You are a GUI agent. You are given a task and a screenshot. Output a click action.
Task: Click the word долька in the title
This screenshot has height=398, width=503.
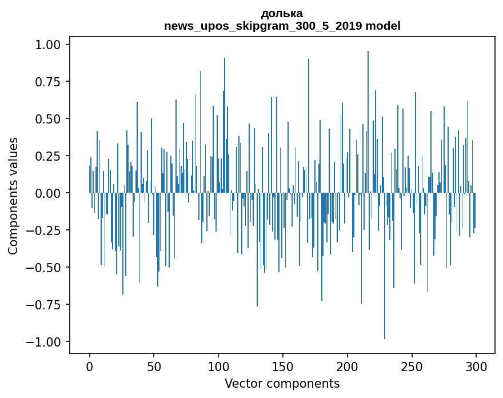click(282, 13)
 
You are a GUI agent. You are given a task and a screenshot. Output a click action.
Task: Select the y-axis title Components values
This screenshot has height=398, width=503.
click(13, 196)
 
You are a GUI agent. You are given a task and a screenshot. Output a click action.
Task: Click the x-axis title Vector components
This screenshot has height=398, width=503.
click(282, 384)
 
